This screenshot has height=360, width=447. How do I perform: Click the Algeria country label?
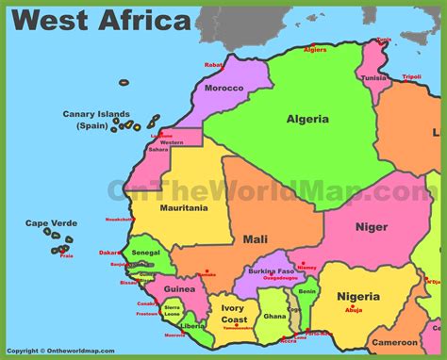click(x=309, y=119)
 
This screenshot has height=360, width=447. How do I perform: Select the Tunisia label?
click(x=374, y=78)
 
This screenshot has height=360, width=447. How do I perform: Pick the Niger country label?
click(x=372, y=226)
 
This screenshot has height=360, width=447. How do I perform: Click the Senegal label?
click(x=145, y=254)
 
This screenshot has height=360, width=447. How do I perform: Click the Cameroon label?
click(x=395, y=342)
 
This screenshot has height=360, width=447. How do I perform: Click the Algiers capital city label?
click(x=315, y=49)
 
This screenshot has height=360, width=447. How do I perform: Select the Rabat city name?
click(x=213, y=65)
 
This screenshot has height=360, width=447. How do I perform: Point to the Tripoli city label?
click(x=412, y=76)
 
